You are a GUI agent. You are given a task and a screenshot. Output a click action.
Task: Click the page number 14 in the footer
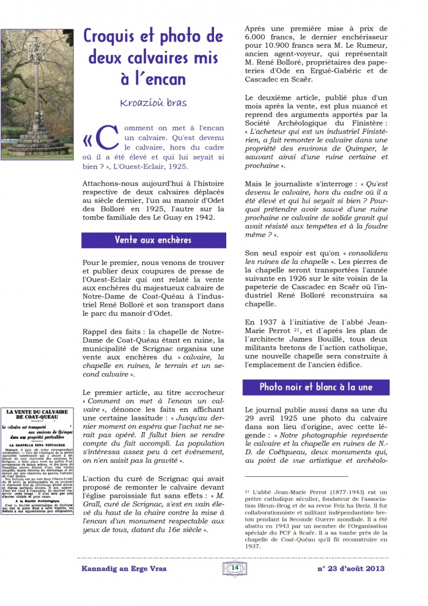pyautogui.click(x=234, y=568)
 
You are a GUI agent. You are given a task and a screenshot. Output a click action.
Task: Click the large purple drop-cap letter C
pyautogui.click(x=106, y=140)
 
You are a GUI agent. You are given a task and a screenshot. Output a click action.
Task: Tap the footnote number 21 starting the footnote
pyautogui.click(x=248, y=492)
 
